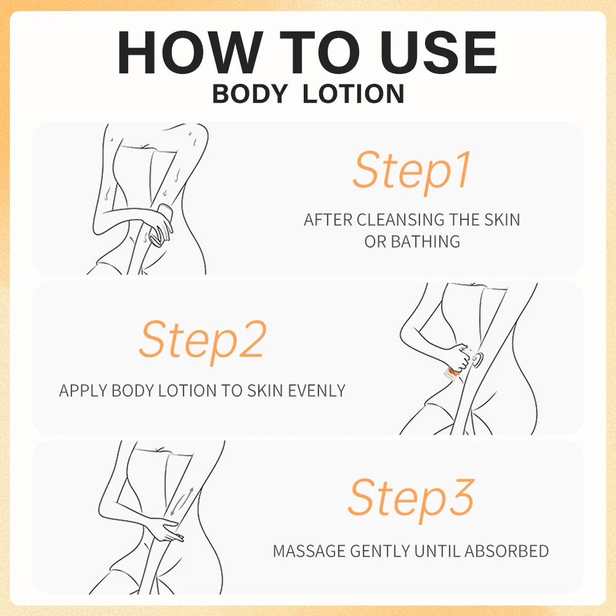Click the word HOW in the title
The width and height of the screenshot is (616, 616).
point(191,52)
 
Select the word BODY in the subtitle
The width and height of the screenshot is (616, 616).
point(250,94)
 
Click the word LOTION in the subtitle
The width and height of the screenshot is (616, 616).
point(354,94)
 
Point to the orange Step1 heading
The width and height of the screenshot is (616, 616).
point(411,171)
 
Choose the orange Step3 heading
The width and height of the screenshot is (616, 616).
point(411,499)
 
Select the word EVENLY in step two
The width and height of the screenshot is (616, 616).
point(317,391)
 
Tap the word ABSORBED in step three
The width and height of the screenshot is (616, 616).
point(506,551)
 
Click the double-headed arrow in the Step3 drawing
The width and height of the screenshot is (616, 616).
point(182,501)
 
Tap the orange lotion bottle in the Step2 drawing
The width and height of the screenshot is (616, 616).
point(450,373)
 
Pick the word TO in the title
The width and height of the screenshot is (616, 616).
point(319,52)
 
